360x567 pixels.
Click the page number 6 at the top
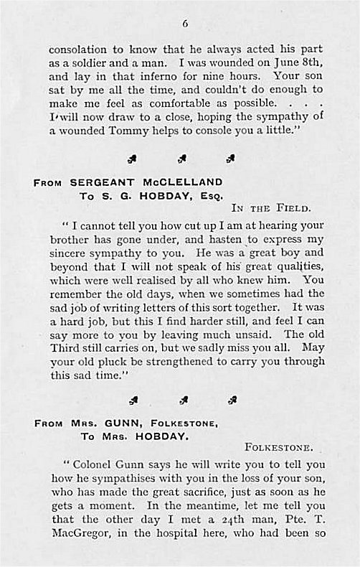185,23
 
